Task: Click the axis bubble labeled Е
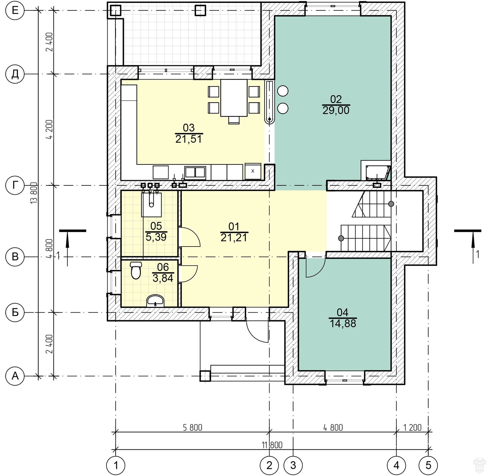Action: pos(15,11)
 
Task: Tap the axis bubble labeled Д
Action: pos(15,74)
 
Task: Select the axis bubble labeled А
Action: pos(15,376)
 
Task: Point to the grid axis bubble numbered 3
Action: pos(293,465)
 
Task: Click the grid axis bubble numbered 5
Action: pos(428,465)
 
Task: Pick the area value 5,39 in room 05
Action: pos(156,237)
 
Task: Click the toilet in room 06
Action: pos(136,270)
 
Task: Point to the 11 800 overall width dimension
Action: pos(272,445)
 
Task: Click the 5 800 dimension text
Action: pos(193,427)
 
